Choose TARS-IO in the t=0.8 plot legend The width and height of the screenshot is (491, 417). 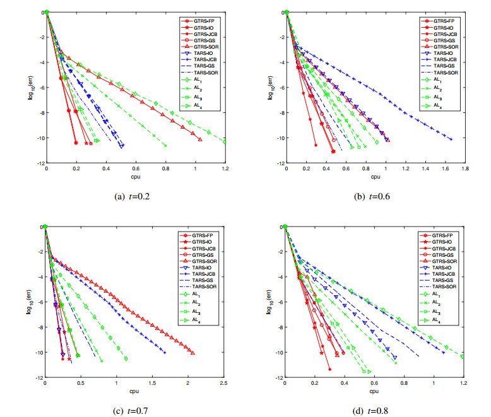442,267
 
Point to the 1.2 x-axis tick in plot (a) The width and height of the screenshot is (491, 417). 225,170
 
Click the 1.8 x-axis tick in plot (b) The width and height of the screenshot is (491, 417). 465,170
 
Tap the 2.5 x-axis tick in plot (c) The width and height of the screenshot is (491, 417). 223,384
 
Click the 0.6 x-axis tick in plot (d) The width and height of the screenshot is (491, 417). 374,384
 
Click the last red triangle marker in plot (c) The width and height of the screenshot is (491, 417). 192,353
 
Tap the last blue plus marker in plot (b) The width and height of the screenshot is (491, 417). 451,139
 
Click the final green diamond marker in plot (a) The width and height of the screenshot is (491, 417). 225,142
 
